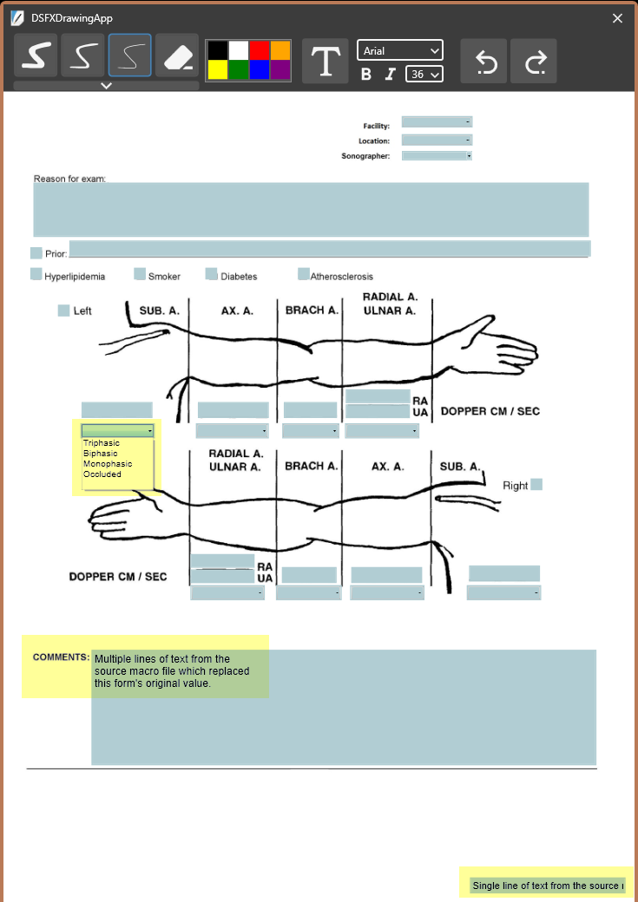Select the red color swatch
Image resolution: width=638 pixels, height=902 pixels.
tap(259, 50)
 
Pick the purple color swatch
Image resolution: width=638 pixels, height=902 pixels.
tap(280, 70)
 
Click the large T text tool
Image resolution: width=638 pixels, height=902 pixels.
tap(325, 61)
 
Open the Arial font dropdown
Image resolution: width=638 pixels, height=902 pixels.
tap(399, 51)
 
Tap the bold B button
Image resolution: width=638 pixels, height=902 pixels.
tap(366, 74)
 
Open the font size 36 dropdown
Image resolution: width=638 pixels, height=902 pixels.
tap(424, 74)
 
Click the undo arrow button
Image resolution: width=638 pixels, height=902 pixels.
tap(483, 61)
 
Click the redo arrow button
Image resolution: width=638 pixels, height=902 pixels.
tap(534, 61)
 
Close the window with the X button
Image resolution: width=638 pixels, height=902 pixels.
tap(618, 18)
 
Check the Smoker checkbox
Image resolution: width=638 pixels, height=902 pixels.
tap(140, 275)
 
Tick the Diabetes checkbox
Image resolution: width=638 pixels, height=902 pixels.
tap(211, 275)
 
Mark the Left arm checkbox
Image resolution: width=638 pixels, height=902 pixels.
tap(63, 310)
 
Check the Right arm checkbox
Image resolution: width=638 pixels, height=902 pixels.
tap(536, 484)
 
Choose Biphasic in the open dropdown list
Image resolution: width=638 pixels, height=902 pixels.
tap(101, 454)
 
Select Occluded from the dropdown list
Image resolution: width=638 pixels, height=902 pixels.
tap(102, 474)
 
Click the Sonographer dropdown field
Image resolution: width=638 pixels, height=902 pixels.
tap(437, 156)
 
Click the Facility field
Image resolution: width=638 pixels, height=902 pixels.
tap(437, 122)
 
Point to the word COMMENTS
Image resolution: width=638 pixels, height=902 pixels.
tap(61, 657)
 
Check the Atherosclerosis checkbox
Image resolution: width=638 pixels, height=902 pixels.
tap(303, 275)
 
